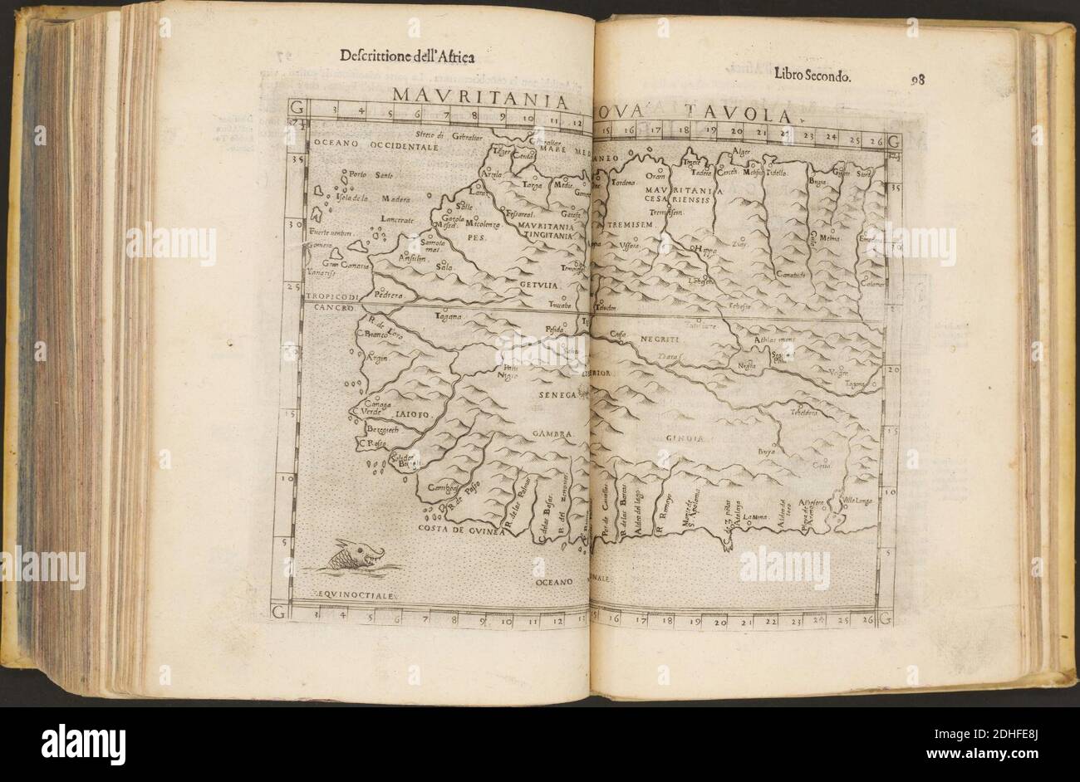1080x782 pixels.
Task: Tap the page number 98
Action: pos(918,81)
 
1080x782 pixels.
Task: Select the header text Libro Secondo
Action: pos(811,76)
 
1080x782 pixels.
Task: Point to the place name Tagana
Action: pos(449,316)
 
